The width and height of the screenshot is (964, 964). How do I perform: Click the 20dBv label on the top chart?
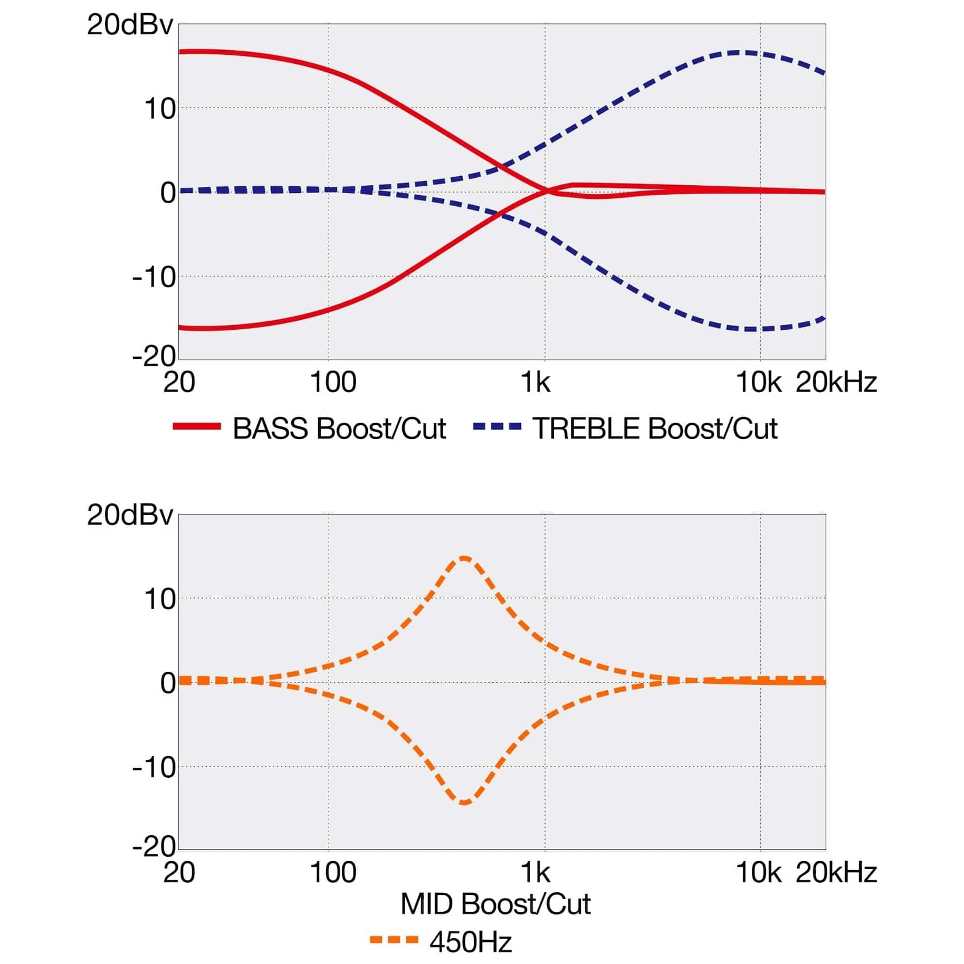130,25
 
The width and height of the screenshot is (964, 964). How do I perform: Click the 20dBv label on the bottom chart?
130,514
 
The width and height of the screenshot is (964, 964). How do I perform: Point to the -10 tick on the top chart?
154,277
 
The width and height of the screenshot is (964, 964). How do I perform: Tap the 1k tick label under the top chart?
535,382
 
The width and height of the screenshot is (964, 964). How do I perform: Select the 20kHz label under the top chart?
836,382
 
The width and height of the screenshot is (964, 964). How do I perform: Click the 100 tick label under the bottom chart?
333,872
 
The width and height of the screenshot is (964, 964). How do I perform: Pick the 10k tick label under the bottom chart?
759,872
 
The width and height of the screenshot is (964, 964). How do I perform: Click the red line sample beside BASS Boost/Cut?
197,426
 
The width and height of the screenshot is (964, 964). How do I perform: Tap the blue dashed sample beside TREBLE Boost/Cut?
497,426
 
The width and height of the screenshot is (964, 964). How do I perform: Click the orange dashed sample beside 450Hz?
394,940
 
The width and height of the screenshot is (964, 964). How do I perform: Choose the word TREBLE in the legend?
586,428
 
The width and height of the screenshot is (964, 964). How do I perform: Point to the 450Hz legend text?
471,942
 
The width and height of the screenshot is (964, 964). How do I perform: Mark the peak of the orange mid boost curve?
464,558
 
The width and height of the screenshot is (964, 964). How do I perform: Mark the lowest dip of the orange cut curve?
464,803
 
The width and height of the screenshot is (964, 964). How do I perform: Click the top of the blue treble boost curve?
748,52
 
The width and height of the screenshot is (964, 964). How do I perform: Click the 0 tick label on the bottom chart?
168,683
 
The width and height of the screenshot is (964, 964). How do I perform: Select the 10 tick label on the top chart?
159,109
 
